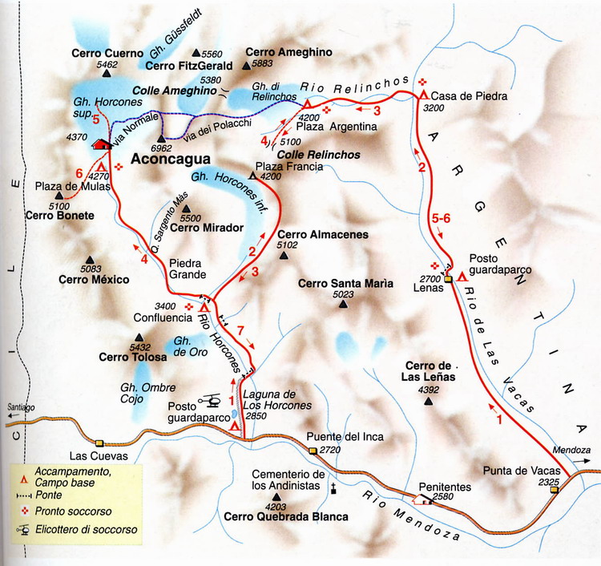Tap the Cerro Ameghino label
click(x=283, y=51)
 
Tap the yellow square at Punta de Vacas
click(x=555, y=490)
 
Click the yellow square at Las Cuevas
click(x=99, y=443)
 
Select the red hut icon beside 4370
click(x=101, y=144)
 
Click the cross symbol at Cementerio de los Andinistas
click(x=332, y=487)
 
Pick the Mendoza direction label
click(x=570, y=450)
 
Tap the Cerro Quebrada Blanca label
click(x=286, y=517)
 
